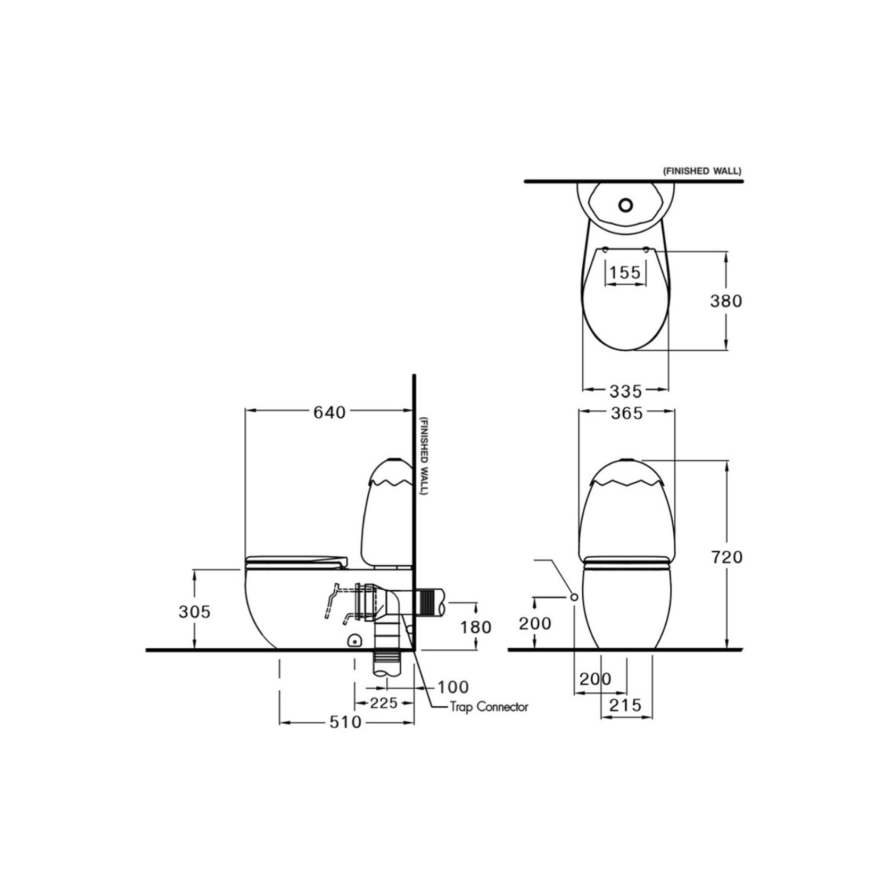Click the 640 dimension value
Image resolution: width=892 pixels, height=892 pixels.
click(329, 412)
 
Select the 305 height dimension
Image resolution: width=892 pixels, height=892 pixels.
click(194, 612)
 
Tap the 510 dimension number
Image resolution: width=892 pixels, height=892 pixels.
click(345, 722)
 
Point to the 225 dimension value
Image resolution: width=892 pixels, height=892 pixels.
click(384, 703)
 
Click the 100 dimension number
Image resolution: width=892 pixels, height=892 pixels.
click(453, 687)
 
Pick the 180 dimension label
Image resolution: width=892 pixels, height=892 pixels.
click(476, 627)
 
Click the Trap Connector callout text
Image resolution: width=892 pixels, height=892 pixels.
click(489, 707)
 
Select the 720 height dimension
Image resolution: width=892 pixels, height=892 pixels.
click(727, 557)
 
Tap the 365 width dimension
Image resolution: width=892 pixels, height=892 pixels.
click(626, 413)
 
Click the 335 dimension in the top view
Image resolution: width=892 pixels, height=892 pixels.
click(626, 392)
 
